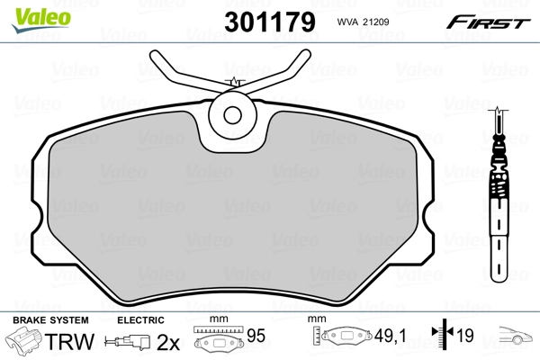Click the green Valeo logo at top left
(30, 11)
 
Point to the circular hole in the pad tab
(233, 115)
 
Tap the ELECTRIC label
(141, 320)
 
